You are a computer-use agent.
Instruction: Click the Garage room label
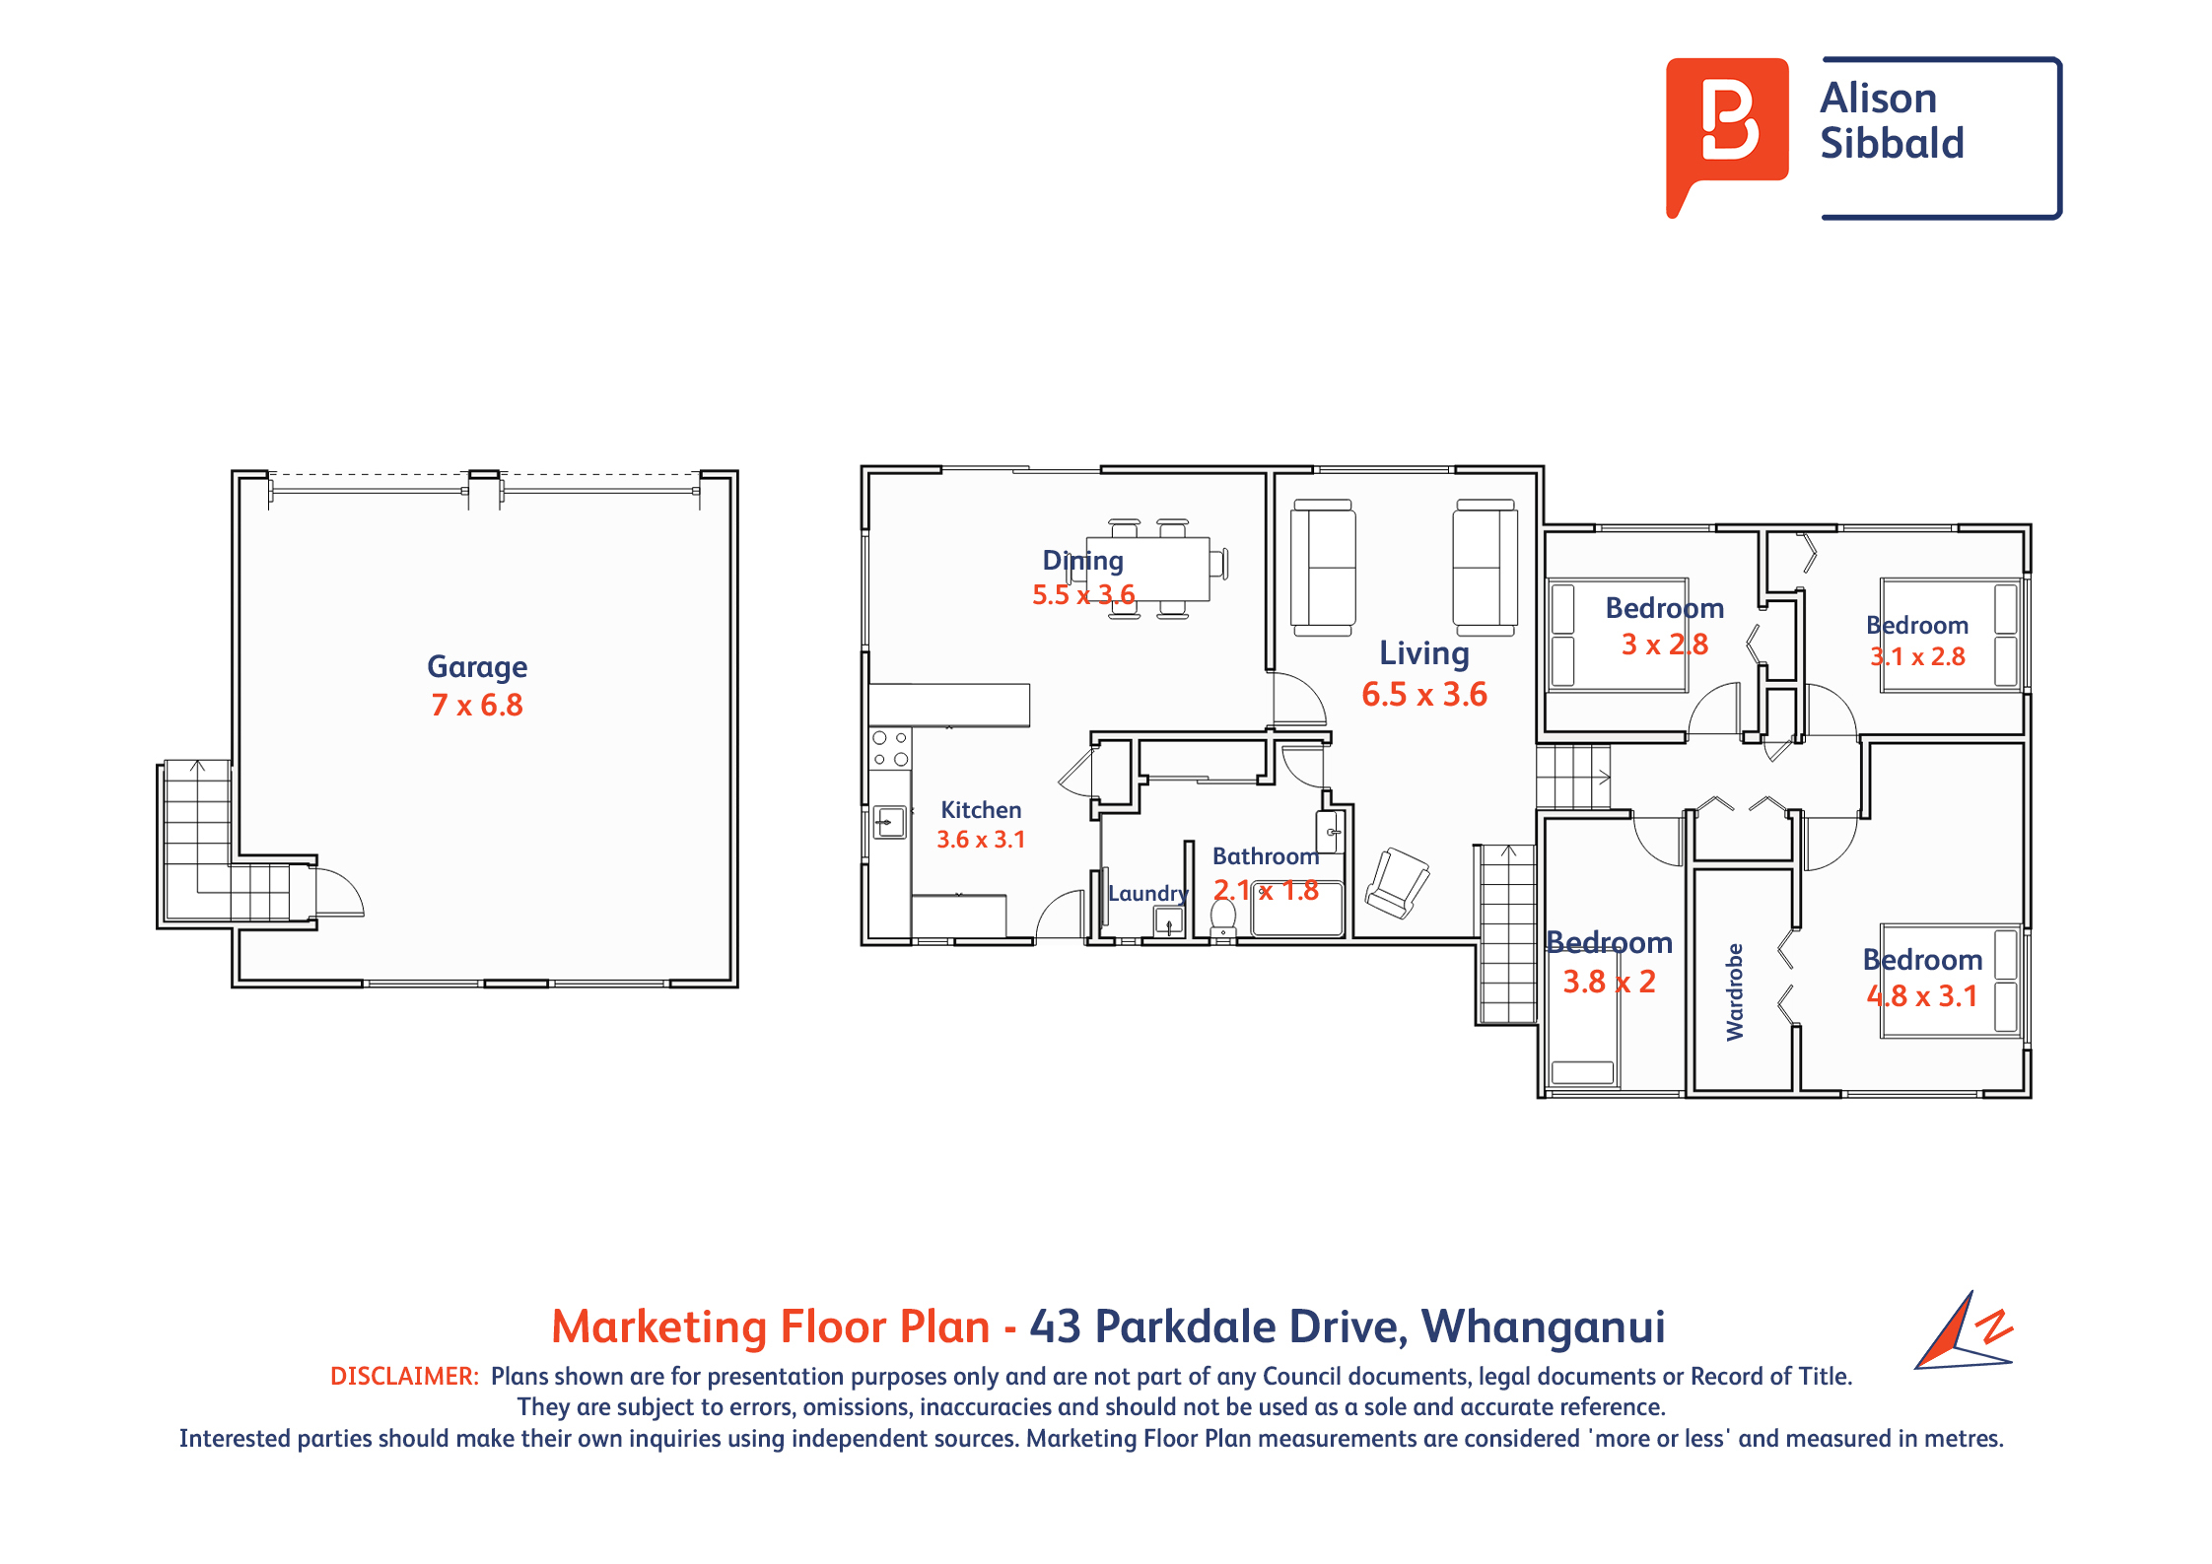477,668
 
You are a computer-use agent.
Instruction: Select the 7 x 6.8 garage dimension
477,706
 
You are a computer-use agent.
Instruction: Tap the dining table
1147,569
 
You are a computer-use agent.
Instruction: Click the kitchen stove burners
890,749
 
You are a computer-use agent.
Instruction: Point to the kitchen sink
890,821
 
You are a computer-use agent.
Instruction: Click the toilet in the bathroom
1222,918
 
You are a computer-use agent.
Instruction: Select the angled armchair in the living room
1398,882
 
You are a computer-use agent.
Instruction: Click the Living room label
1423,654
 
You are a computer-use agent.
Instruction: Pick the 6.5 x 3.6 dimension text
1423,695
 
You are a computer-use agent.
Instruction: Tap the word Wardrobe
1735,991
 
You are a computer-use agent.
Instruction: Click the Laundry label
1147,894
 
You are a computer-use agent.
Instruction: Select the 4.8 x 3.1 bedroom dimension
1922,996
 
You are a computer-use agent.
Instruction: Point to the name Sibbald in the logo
1892,144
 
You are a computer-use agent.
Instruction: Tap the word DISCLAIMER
404,1376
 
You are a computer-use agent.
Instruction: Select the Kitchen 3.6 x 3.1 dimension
981,840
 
